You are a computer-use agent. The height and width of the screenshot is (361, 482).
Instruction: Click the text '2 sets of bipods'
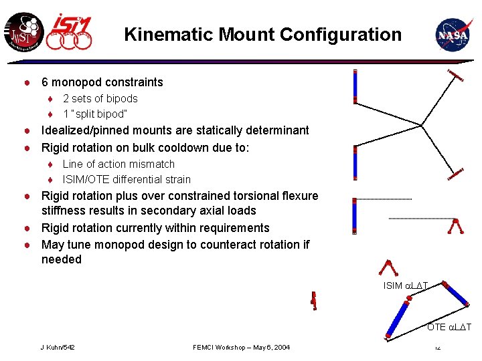coord(100,99)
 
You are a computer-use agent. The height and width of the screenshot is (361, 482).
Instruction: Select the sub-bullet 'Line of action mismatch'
coord(118,164)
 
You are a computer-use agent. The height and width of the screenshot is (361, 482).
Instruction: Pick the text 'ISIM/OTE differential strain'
coord(127,179)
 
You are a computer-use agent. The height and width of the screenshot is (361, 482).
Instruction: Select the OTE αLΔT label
coord(449,327)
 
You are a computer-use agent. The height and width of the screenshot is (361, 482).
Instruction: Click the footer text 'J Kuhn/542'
coord(58,348)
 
